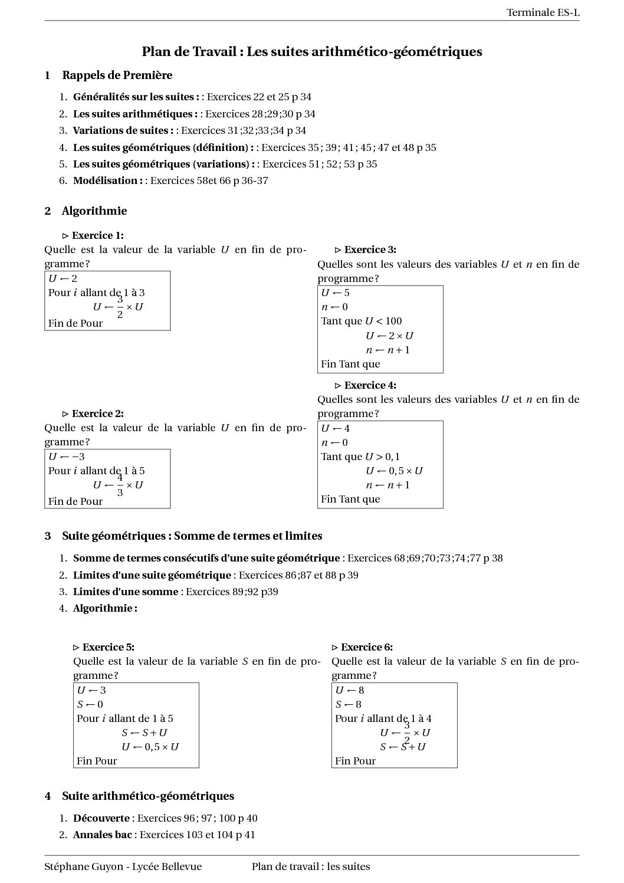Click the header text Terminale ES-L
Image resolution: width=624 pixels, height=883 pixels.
(x=543, y=12)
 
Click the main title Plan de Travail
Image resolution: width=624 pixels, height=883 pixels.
(x=311, y=52)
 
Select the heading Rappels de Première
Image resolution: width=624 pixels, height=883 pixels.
(x=117, y=75)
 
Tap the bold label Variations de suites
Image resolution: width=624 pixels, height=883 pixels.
(x=123, y=130)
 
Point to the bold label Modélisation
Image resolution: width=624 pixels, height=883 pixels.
(x=107, y=180)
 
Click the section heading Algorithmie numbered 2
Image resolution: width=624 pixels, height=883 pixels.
(x=94, y=211)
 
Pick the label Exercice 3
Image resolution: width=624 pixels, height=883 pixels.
(x=370, y=250)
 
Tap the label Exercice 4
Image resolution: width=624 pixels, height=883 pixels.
(x=370, y=385)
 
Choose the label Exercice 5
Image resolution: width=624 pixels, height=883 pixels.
(x=108, y=647)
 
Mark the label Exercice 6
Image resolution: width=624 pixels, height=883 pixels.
(x=366, y=647)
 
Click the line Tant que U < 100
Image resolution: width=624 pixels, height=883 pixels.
(x=361, y=321)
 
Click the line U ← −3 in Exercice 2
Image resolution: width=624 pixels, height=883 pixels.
(x=67, y=457)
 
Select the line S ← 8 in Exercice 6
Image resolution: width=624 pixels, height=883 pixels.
(x=349, y=704)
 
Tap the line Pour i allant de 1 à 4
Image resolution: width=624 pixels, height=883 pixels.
(x=383, y=718)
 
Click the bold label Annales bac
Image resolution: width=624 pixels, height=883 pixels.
(x=102, y=835)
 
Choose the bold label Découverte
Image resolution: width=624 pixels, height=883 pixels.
(x=101, y=818)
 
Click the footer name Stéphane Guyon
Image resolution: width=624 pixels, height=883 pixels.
(x=83, y=866)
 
